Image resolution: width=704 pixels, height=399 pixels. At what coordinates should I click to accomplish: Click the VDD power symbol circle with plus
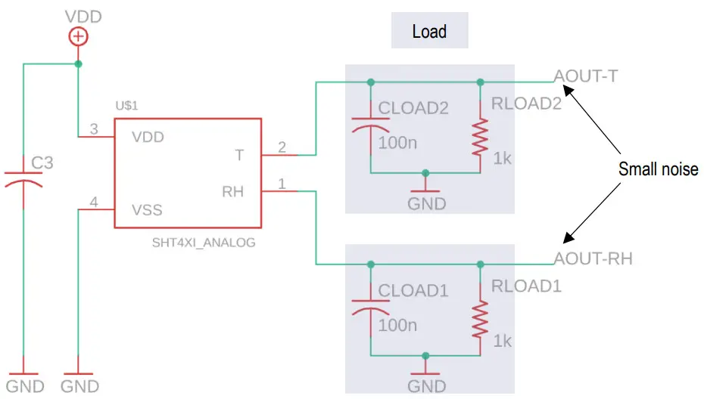point(78,37)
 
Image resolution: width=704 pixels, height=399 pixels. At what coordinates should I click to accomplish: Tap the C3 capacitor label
point(42,162)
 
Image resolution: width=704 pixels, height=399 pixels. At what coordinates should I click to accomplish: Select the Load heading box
point(430,30)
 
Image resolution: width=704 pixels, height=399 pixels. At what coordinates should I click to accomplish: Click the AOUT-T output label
point(586,76)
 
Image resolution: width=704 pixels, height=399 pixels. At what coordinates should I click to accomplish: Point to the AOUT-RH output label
point(593,258)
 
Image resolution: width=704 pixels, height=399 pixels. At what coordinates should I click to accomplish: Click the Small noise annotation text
point(659,169)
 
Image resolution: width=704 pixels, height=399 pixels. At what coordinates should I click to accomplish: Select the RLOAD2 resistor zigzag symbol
point(480,138)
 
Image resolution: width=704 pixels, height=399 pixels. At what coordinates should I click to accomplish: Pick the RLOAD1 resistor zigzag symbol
point(480,319)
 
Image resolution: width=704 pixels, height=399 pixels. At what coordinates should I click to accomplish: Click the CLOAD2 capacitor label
point(413,108)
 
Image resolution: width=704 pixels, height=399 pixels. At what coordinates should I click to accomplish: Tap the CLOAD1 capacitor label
point(413,290)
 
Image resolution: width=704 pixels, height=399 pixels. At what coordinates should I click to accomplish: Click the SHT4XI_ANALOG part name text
point(204,243)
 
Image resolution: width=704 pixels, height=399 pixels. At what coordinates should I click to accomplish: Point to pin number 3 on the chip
point(94,129)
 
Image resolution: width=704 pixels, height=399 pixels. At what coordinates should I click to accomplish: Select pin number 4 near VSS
point(94,203)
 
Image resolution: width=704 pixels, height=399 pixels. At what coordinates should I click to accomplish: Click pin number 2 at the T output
point(282,147)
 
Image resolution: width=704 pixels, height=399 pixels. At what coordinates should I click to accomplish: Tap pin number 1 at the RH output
point(282,184)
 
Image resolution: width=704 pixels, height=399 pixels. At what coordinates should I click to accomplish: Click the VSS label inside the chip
point(147,210)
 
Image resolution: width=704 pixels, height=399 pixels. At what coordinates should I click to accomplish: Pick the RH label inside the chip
point(232,192)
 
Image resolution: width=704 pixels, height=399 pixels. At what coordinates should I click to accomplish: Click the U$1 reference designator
point(126,105)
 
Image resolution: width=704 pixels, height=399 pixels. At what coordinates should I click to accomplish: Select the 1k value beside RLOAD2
point(502,158)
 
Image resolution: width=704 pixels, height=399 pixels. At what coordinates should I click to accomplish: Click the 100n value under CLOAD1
point(397,325)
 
